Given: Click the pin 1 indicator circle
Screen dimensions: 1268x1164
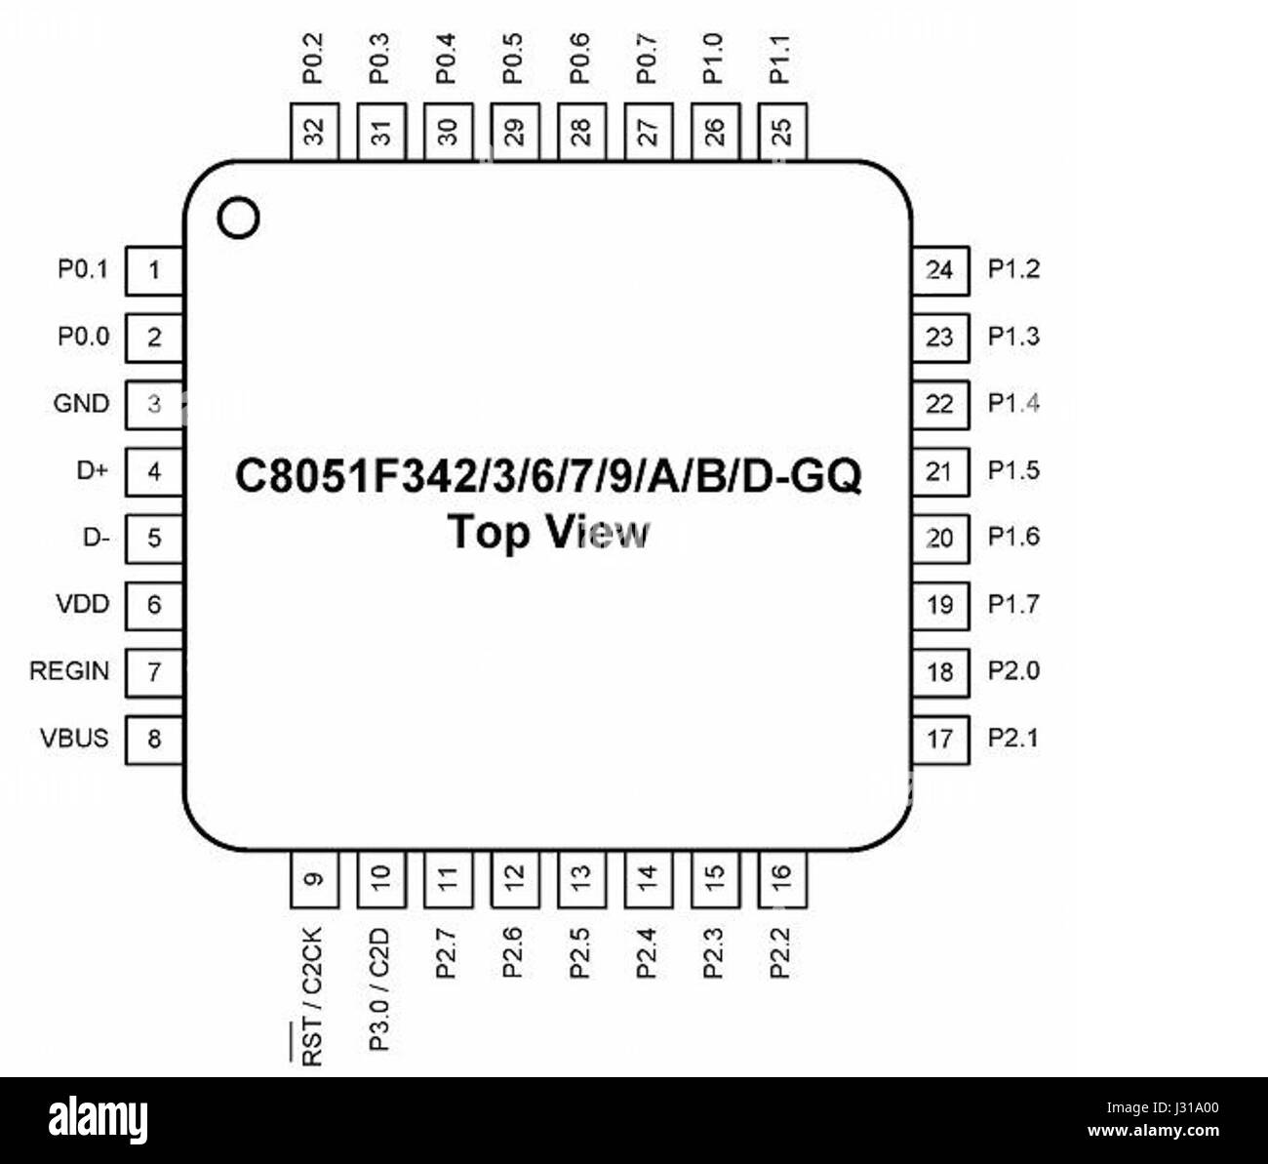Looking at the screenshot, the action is (x=239, y=219).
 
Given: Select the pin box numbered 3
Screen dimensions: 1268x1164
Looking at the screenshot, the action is (x=154, y=404).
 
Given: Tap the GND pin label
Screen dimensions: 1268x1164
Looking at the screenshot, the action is (x=82, y=403).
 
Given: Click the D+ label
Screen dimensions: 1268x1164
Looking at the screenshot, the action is (x=93, y=470).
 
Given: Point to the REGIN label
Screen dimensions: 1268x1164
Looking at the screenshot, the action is (x=69, y=671).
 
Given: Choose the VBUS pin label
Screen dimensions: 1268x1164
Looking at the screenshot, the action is (x=74, y=738).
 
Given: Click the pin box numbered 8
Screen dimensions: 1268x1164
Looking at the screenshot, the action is (x=154, y=739).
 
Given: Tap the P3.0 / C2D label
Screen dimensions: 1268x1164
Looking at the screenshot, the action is (x=379, y=988).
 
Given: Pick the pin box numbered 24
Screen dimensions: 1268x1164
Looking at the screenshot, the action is (x=940, y=270).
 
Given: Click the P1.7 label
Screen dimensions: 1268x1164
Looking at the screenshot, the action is (x=1013, y=605).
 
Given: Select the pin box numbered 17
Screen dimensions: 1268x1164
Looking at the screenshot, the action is (x=940, y=739).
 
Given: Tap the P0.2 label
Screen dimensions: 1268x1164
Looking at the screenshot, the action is (x=313, y=59).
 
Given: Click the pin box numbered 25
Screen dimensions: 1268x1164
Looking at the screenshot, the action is (x=781, y=131).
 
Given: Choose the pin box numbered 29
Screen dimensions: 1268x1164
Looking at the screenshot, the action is (x=513, y=131).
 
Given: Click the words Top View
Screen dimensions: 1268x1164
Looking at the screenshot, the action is (x=548, y=533).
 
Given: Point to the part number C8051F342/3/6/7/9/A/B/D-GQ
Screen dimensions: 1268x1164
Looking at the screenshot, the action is (x=549, y=476).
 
